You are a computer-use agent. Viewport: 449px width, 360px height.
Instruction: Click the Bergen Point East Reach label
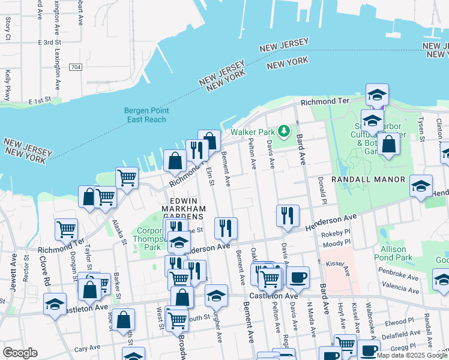(146, 115)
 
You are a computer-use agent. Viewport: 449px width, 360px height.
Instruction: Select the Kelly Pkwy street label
(8, 85)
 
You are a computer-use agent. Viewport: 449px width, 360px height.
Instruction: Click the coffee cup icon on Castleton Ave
(298, 277)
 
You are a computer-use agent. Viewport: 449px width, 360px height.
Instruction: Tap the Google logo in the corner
(20, 353)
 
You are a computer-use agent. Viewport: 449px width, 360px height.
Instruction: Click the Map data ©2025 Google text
(412, 355)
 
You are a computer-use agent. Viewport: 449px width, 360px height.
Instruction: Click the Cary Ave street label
(87, 348)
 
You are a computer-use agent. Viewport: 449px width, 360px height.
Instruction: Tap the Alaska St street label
(119, 232)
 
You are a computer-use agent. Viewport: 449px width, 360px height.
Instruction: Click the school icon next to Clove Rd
(55, 304)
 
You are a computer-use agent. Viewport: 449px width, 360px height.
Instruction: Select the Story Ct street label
(8, 28)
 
